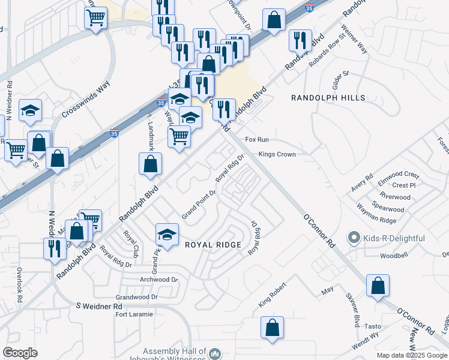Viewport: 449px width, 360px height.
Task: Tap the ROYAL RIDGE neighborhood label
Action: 212,245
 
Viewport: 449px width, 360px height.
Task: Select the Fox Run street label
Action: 256,140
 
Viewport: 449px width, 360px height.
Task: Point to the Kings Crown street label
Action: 277,154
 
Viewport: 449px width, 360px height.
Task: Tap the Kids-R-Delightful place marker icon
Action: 355,238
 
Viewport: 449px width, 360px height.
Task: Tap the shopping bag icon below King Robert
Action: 272,328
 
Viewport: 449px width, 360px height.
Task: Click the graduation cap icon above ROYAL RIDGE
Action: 167,234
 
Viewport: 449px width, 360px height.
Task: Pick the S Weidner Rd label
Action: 98,306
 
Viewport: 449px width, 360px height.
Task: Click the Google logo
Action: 20,353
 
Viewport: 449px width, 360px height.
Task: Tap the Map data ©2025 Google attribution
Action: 412,355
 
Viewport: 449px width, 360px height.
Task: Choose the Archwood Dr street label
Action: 158,280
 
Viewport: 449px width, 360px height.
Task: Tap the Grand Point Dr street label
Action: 199,205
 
